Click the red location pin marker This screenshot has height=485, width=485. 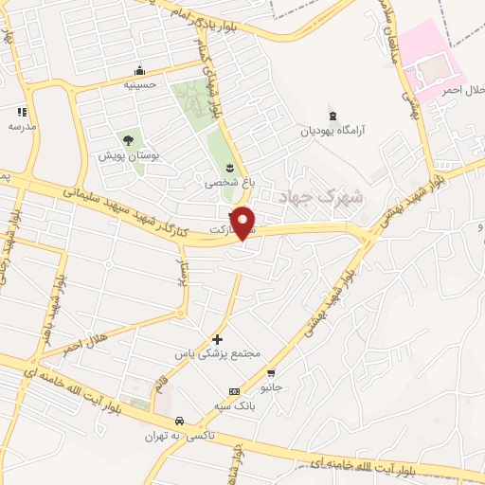tap(243, 223)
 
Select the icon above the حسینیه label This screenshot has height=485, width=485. tap(140, 71)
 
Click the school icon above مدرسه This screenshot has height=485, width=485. tap(21, 112)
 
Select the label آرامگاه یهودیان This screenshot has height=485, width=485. tap(333, 131)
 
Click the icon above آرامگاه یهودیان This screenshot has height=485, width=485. tap(332, 117)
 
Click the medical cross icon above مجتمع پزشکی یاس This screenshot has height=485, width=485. tap(217, 338)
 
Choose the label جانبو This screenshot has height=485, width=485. tap(272, 386)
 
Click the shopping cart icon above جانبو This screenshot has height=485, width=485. tap(272, 371)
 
